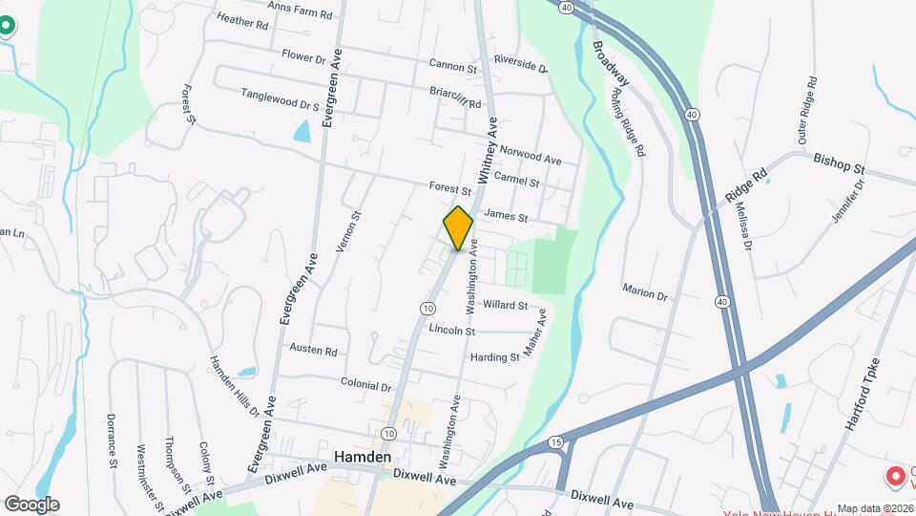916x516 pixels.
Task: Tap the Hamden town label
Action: pyautogui.click(x=363, y=458)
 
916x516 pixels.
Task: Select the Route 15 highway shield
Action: pyautogui.click(x=555, y=442)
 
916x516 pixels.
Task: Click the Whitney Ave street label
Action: pyautogui.click(x=489, y=151)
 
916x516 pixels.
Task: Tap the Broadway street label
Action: pyautogui.click(x=611, y=64)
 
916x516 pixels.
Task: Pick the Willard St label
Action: pyautogui.click(x=506, y=306)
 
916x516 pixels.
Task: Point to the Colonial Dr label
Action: pyautogui.click(x=367, y=386)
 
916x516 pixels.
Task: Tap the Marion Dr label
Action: pyautogui.click(x=645, y=290)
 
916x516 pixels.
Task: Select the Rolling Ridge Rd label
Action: pyautogui.click(x=627, y=122)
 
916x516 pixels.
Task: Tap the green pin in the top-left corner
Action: pyautogui.click(x=6, y=23)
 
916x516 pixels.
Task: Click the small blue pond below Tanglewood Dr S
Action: pyautogui.click(x=302, y=131)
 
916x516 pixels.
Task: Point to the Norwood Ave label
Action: pyautogui.click(x=531, y=157)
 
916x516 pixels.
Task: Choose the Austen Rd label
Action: pyautogui.click(x=314, y=352)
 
